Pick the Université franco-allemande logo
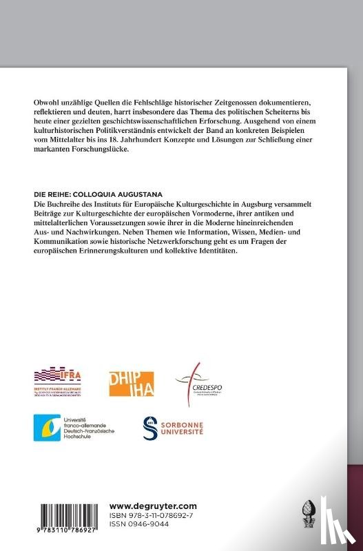74,428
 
